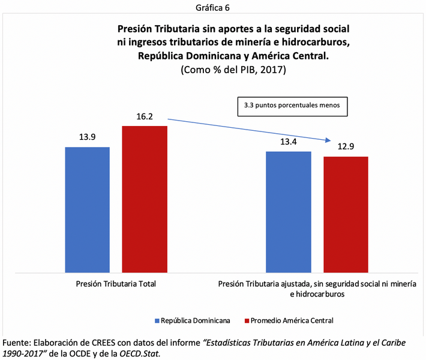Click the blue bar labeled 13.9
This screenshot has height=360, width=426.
pyautogui.click(x=87, y=210)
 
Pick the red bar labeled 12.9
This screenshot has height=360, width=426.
pyautogui.click(x=346, y=215)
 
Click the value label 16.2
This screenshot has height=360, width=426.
pyautogui.click(x=145, y=116)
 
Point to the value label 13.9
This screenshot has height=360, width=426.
pyautogui.click(x=88, y=137)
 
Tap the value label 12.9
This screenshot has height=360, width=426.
pyautogui.click(x=346, y=146)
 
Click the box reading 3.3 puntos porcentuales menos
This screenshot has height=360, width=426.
pyautogui.click(x=293, y=106)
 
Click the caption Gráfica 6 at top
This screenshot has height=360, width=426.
pyautogui.click(x=212, y=8)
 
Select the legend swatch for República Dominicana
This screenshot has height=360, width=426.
pyautogui.click(x=158, y=320)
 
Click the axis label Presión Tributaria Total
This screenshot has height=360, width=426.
pyautogui.click(x=116, y=284)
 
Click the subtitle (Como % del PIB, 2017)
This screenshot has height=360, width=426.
pyautogui.click(x=233, y=70)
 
